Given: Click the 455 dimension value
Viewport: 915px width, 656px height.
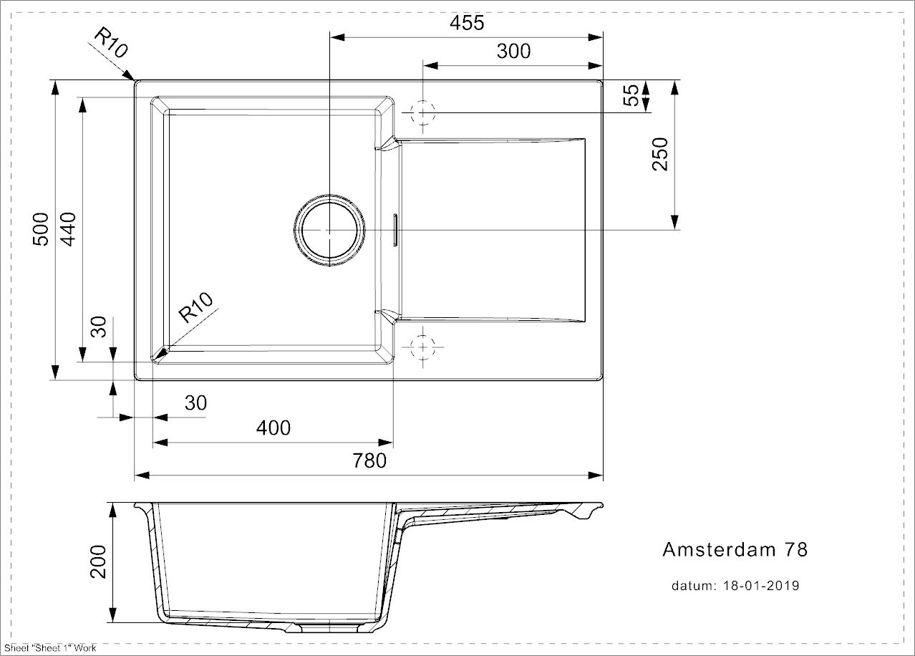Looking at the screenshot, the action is tap(467, 23).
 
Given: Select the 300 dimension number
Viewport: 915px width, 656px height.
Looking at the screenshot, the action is tap(513, 52).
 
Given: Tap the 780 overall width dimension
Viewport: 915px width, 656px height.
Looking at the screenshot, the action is tap(369, 460).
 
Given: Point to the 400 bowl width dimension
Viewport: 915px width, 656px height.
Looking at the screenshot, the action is tap(273, 428).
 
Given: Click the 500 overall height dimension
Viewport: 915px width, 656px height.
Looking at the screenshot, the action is tap(41, 229).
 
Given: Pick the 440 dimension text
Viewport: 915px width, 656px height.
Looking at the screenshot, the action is tap(68, 229).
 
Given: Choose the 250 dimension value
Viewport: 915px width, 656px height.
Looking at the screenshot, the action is tap(660, 154).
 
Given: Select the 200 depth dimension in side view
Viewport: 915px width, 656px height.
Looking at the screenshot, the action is tap(98, 561).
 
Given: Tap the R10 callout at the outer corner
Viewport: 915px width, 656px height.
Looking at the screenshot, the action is tap(111, 43).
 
